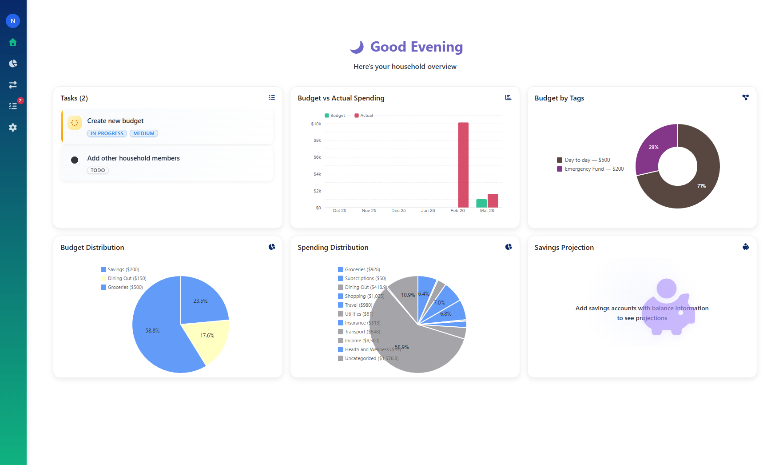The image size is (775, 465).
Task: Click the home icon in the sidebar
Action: [13, 42]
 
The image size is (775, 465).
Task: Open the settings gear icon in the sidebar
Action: [13, 128]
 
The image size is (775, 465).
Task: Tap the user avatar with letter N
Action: [13, 21]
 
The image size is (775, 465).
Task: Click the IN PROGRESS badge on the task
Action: [107, 133]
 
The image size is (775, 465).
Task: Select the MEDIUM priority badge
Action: [144, 133]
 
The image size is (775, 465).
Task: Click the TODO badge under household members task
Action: [98, 170]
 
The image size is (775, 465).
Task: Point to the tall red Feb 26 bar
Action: [463, 164]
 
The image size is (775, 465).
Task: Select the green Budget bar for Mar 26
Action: [481, 203]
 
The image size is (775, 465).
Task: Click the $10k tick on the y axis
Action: [316, 124]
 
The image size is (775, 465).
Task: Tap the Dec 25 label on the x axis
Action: [398, 211]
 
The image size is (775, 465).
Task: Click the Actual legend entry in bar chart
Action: [364, 116]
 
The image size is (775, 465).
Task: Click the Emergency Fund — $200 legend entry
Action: [591, 169]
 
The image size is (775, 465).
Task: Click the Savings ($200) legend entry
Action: [120, 269]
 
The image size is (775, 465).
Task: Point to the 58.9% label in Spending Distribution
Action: [402, 347]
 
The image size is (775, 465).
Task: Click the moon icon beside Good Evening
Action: [357, 47]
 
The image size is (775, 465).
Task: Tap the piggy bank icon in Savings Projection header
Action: [746, 247]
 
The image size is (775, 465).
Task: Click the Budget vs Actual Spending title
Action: [341, 98]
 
